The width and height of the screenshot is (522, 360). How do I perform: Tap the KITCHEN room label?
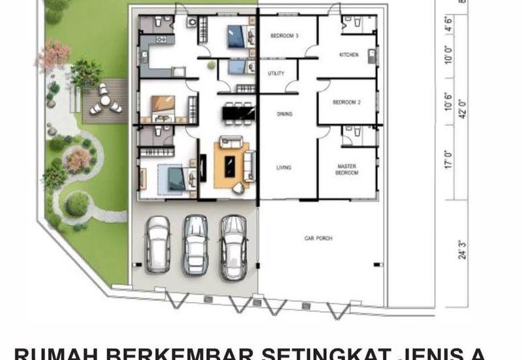coord(349,55)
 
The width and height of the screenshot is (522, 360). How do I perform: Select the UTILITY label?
coord(276,73)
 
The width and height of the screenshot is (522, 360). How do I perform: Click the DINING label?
coord(284,114)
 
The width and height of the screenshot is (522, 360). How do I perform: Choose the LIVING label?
coord(284,168)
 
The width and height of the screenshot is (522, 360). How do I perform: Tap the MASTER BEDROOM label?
coord(347,170)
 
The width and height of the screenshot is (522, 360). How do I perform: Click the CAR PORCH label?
coord(318,239)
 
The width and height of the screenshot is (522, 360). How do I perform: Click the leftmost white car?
coord(158,243)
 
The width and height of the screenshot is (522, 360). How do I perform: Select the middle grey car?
coord(195,244)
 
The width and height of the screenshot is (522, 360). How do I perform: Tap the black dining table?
coord(239,113)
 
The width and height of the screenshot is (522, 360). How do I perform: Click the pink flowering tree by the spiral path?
coord(78,160)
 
